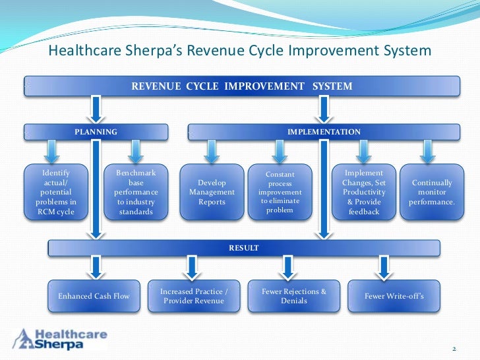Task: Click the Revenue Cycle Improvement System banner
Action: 241,86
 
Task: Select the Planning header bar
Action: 96,132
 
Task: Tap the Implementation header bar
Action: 324,132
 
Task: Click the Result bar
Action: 243,248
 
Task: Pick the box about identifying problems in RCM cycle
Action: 55,192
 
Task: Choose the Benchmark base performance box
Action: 135,192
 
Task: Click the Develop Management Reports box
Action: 212,192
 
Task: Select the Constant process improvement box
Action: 280,192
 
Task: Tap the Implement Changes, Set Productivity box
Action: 363,192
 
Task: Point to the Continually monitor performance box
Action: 431,192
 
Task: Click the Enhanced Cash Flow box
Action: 94,296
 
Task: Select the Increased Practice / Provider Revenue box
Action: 194,296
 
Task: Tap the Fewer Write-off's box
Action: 394,296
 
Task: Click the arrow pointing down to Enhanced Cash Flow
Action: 96,267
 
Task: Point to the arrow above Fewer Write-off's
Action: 384,267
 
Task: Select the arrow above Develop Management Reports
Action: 211,151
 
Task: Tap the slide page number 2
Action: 454,347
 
